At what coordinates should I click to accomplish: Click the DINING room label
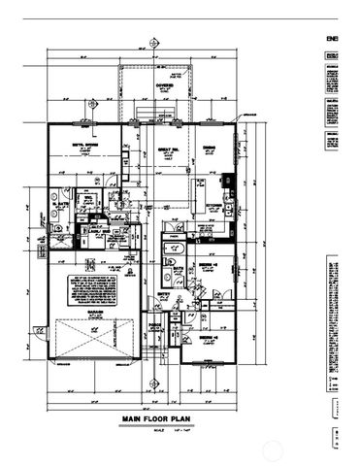pyautogui.click(x=209, y=148)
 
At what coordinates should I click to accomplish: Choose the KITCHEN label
pyautogui.click(x=211, y=206)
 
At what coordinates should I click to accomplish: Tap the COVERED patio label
pyautogui.click(x=155, y=84)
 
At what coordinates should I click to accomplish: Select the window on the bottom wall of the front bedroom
pyautogui.click(x=207, y=362)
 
